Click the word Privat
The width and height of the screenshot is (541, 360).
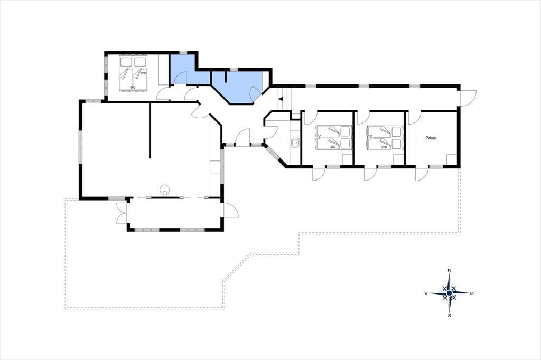pyautogui.click(x=431, y=138)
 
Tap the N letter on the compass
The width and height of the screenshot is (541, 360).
pyautogui.click(x=449, y=270)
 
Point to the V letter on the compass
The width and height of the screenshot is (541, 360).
pyautogui.click(x=426, y=293)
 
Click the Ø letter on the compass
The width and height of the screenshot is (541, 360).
pyautogui.click(x=472, y=293)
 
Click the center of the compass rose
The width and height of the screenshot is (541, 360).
pyautogui.click(x=449, y=293)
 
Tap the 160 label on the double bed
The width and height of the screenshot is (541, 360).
pyautogui.click(x=133, y=87)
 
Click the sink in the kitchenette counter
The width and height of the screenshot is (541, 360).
pyautogui.click(x=295, y=142)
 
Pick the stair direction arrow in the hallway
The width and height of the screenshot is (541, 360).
pyautogui.click(x=281, y=99)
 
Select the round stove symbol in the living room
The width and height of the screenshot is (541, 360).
pyautogui.click(x=165, y=190)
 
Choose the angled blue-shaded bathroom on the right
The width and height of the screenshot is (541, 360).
pyautogui.click(x=239, y=86)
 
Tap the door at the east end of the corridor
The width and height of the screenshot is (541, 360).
pyautogui.click(x=468, y=98)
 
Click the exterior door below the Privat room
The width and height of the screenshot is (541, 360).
pyautogui.click(x=422, y=174)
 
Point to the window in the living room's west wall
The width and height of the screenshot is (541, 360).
pyautogui.click(x=80, y=148)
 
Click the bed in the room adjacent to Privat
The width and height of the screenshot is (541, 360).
pyautogui.click(x=385, y=138)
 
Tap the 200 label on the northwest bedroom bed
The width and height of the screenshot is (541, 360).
pyautogui.click(x=144, y=73)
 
